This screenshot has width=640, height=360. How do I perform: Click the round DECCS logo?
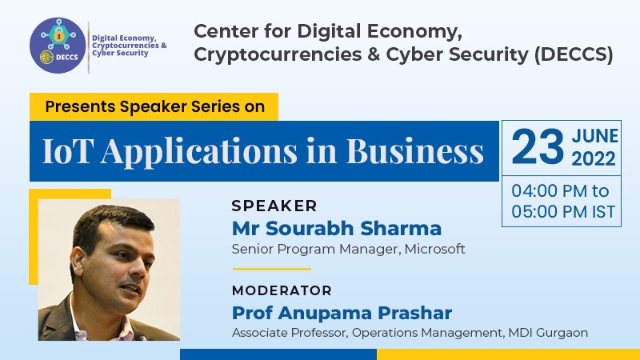[58, 46]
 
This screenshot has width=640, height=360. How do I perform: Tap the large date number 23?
[538, 147]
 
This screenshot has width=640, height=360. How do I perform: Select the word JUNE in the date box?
[594, 136]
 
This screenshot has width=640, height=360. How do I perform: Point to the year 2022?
[594, 158]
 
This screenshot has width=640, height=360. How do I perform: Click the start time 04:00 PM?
[549, 191]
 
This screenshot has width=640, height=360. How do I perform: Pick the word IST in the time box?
[604, 212]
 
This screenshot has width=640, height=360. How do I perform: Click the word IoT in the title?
[66, 151]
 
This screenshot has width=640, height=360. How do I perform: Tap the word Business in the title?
[414, 151]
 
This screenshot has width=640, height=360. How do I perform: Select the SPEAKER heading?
[274, 206]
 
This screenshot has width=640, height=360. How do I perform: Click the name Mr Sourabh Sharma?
[337, 228]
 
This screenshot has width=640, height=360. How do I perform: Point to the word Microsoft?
[434, 249]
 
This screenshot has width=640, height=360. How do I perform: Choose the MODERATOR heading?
[282, 290]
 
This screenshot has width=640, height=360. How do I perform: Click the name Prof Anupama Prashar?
[342, 313]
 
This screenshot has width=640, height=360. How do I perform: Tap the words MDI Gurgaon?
[548, 333]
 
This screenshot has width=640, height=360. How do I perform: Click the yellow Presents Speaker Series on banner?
[154, 106]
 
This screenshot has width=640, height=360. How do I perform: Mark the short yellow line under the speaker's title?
[272, 269]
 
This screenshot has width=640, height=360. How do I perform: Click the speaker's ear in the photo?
[78, 262]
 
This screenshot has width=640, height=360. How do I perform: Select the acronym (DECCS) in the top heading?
[574, 55]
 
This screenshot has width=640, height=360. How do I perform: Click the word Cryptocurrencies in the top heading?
[278, 55]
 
